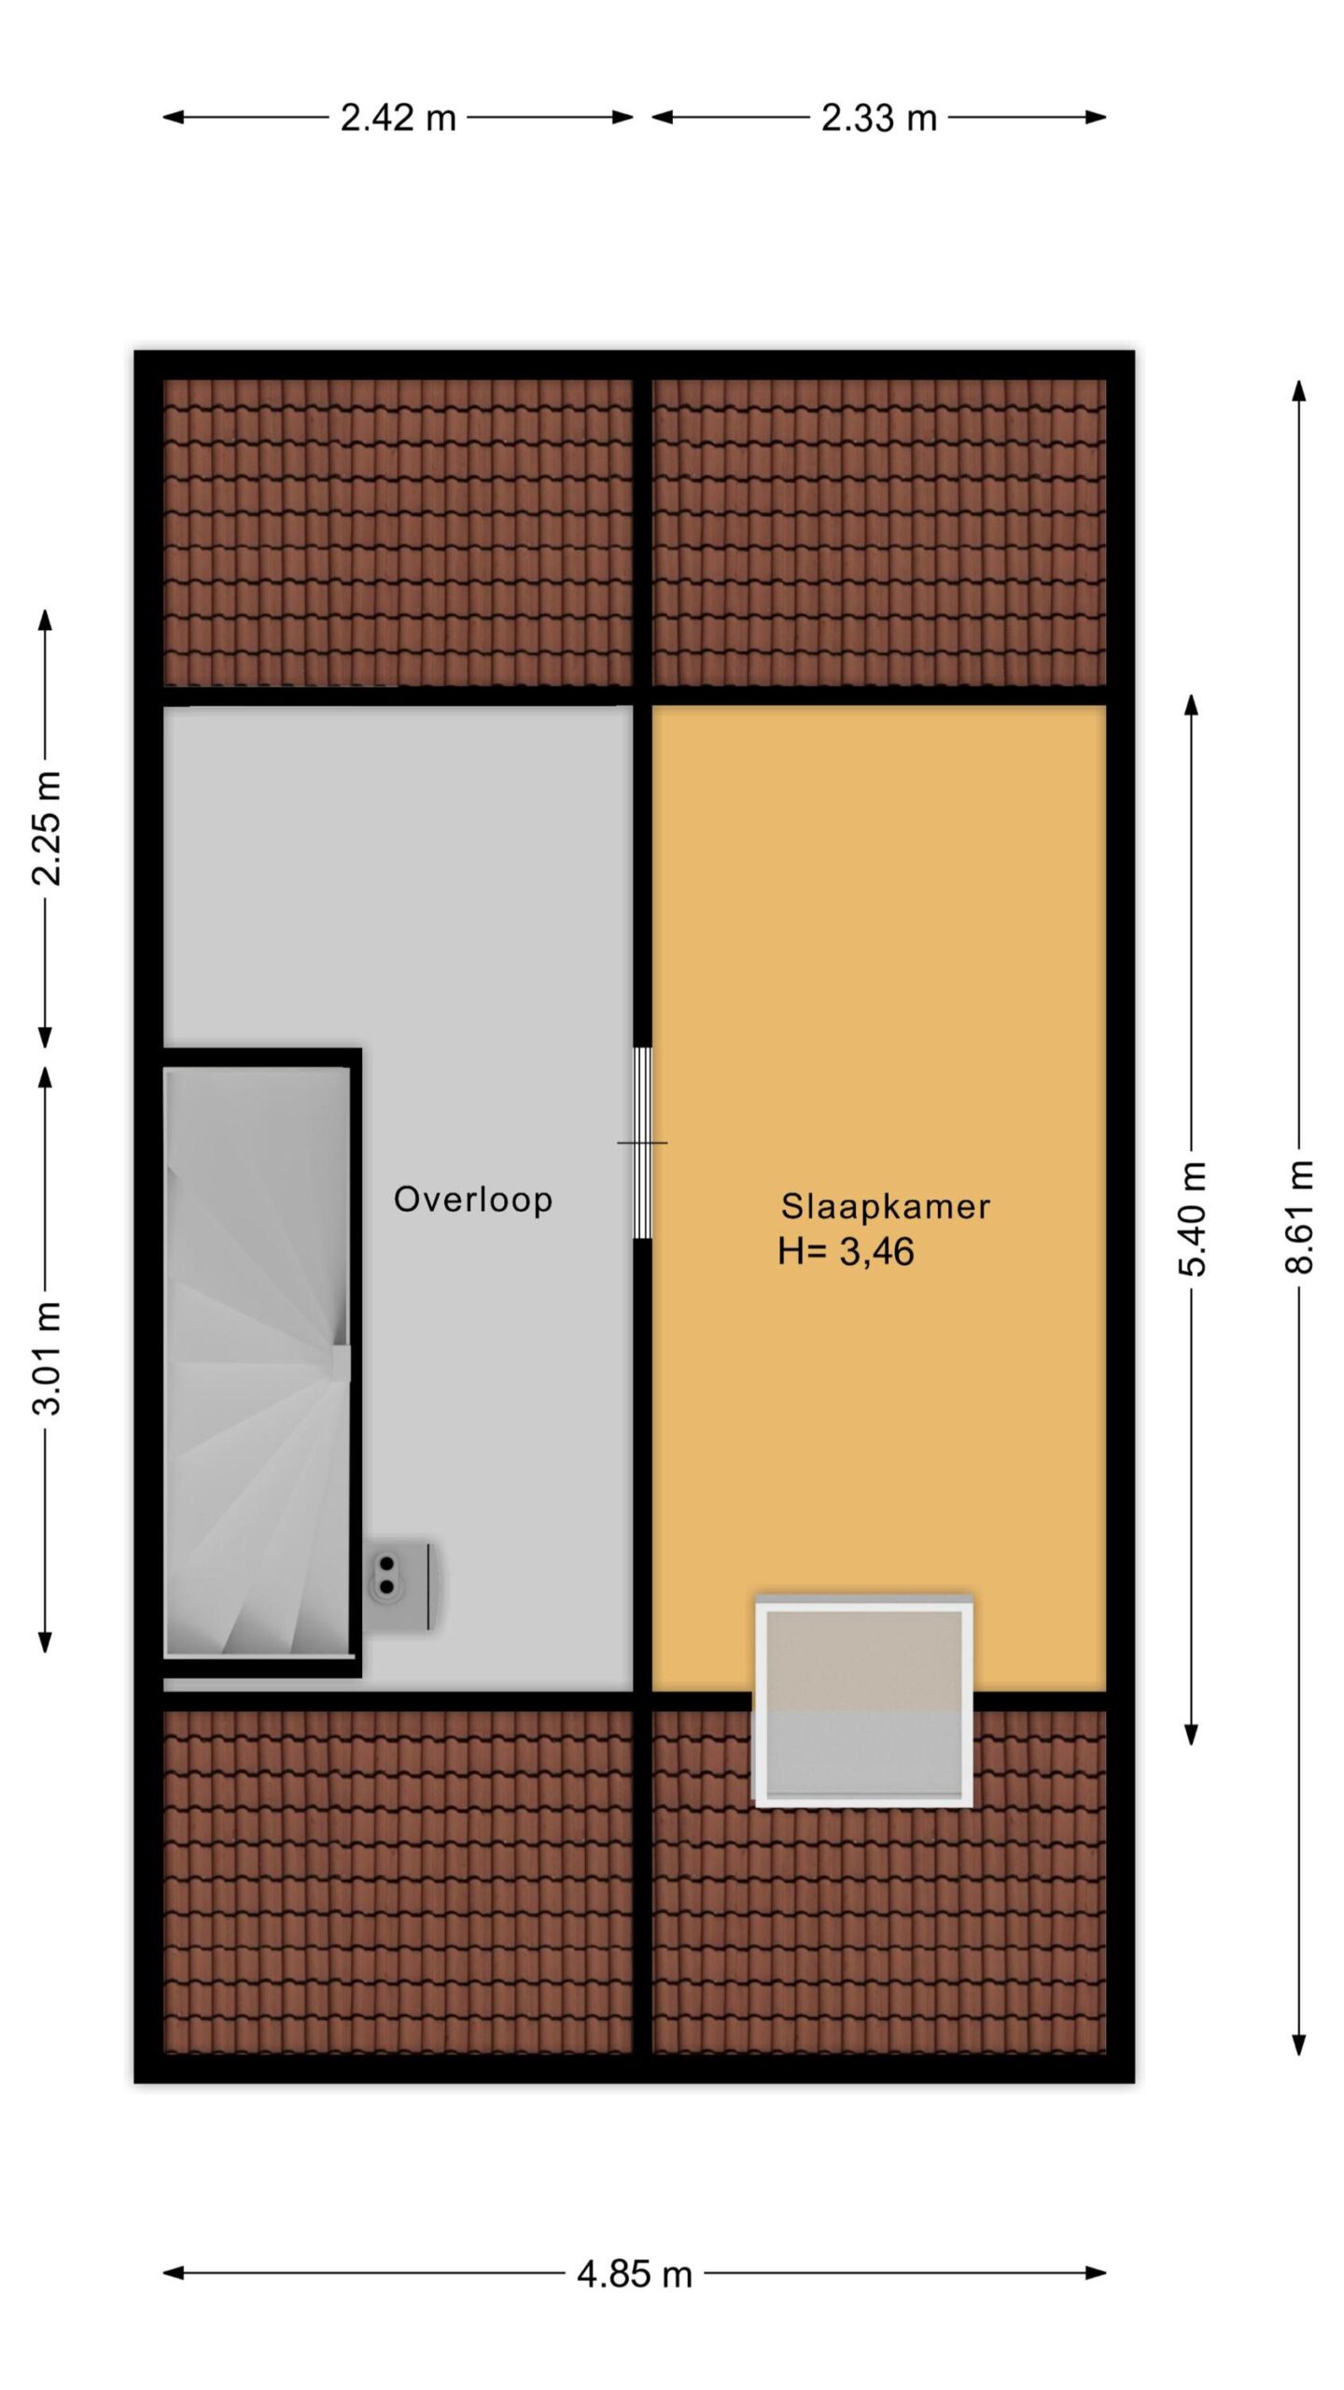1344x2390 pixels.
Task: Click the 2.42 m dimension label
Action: [x=398, y=119]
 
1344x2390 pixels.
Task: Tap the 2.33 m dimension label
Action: [x=878, y=119]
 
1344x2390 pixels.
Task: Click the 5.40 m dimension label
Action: [x=1193, y=1218]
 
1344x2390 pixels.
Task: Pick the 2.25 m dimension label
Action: [x=46, y=828]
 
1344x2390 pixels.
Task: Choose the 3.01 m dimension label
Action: [x=46, y=1357]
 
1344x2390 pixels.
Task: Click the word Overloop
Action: [x=473, y=1200]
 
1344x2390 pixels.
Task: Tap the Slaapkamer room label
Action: [x=885, y=1206]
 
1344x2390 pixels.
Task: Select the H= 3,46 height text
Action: [x=846, y=1252]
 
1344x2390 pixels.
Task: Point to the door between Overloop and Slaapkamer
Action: [x=642, y=1143]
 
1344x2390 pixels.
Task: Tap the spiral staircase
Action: [x=258, y=1362]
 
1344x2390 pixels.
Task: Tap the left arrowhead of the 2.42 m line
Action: [x=174, y=118]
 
